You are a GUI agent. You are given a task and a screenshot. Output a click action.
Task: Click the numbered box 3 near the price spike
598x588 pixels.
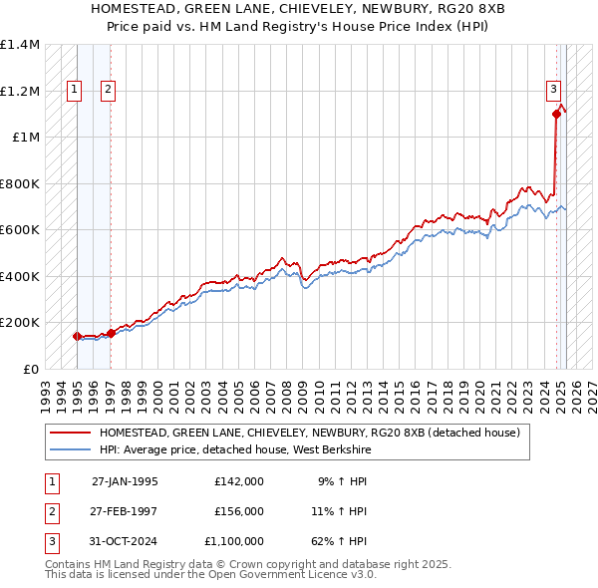[x=553, y=89]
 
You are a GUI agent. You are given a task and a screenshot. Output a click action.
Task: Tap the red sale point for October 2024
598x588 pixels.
[x=556, y=114]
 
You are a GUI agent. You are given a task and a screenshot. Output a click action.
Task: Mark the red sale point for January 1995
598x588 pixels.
[x=77, y=336]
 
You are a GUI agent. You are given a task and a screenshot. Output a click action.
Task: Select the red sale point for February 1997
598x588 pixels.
[x=111, y=333]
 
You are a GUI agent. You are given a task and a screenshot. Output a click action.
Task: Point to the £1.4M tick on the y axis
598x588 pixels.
[x=20, y=45]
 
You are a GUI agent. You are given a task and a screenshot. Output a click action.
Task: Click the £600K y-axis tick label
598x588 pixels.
[x=20, y=230]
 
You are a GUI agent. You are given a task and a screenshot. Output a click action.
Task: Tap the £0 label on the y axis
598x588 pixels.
[x=29, y=369]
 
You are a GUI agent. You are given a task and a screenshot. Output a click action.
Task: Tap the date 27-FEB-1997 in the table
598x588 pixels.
[x=125, y=511]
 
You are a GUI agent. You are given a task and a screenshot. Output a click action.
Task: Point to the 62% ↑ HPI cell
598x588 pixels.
[x=343, y=541]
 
